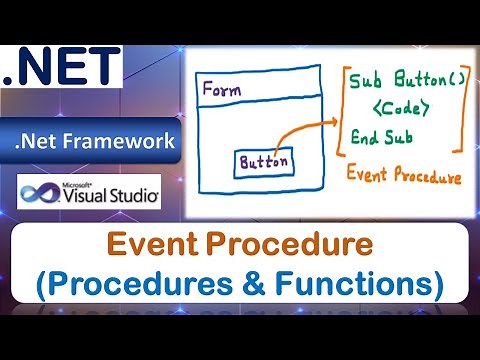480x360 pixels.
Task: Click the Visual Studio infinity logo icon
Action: pyautogui.click(x=39, y=192)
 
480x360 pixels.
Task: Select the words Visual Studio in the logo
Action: pyautogui.click(x=107, y=196)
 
